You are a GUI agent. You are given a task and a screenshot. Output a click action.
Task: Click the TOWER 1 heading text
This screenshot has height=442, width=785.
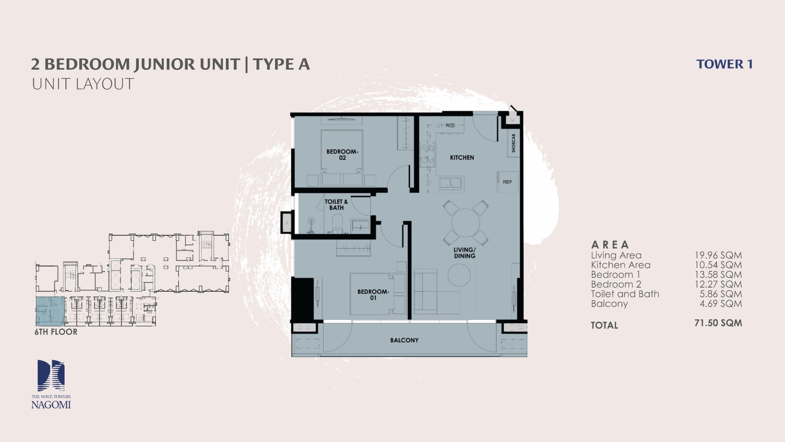click(725, 64)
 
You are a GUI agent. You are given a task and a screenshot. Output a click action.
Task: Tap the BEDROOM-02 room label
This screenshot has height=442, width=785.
click(342, 155)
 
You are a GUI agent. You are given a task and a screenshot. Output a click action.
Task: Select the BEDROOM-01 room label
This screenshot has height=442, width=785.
click(373, 295)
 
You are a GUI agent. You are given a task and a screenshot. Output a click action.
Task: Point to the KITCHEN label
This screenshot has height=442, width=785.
click(462, 157)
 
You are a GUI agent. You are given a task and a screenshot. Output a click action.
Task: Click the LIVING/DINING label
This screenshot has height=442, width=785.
click(465, 253)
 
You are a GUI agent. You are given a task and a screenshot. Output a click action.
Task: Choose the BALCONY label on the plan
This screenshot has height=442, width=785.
click(404, 340)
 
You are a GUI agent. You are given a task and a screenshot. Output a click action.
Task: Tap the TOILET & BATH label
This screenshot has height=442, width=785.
click(336, 205)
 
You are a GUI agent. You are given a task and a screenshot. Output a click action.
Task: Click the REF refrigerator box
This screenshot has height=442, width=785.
click(507, 182)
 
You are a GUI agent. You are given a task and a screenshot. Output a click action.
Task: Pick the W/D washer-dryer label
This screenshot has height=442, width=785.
click(450, 125)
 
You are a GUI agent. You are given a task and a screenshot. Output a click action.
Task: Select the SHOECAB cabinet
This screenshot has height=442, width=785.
click(514, 143)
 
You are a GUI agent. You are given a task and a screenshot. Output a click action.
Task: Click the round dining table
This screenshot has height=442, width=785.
click(465, 223)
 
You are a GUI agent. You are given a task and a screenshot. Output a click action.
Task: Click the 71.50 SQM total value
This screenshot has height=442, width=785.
click(718, 323)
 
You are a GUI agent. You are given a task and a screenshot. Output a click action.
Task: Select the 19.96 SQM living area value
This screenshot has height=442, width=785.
click(718, 255)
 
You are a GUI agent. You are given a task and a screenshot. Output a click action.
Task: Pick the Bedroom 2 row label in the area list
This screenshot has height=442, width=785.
click(616, 284)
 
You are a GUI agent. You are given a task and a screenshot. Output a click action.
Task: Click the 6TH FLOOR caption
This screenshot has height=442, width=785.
click(56, 332)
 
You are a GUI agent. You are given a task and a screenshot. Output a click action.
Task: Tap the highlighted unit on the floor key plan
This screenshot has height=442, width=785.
click(50, 311)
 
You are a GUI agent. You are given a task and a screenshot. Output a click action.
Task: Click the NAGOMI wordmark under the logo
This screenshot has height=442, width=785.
click(51, 405)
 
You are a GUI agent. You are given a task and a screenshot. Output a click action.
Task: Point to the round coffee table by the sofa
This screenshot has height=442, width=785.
click(459, 275)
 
